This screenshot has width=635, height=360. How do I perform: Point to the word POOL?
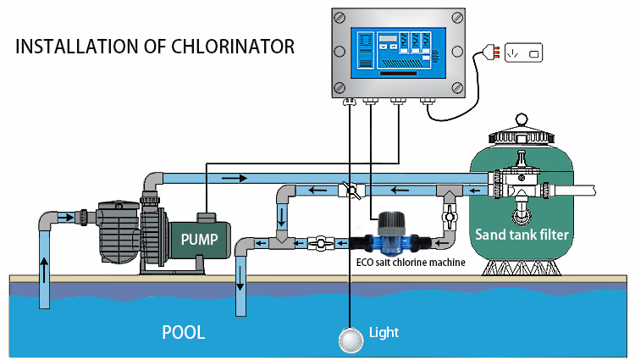click(x=184, y=332)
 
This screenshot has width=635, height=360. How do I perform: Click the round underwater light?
click(x=349, y=339)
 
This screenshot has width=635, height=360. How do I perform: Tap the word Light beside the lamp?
click(x=384, y=332)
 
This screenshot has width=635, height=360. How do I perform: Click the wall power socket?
click(x=522, y=53)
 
